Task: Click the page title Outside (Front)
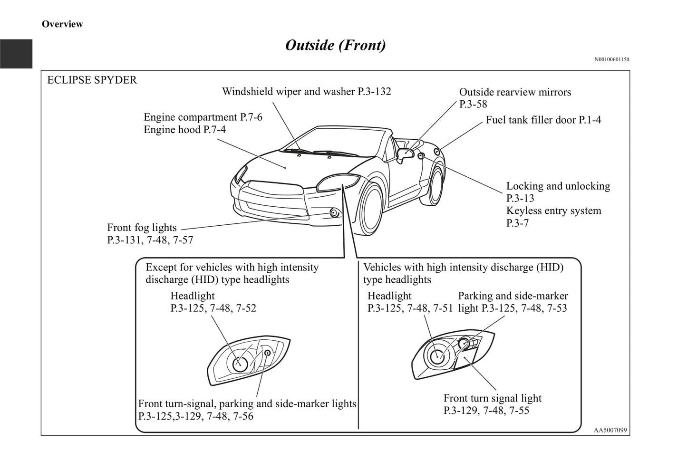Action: coord(335,45)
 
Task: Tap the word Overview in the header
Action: coord(62,24)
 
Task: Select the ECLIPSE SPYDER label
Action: coord(92,80)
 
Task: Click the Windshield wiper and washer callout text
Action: coord(306,91)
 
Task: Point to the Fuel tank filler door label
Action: coord(543,120)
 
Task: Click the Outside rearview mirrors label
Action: coord(515,92)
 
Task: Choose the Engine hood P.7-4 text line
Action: coord(184,130)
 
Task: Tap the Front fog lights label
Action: coord(142,228)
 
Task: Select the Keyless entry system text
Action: coord(553,211)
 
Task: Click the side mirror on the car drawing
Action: coord(404,154)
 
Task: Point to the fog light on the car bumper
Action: coord(334,212)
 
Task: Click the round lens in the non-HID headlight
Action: coord(240,364)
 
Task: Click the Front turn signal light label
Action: coord(492,398)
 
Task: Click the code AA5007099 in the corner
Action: coord(610,431)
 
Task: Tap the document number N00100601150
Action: coord(611,59)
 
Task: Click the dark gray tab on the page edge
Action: coord(16,54)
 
